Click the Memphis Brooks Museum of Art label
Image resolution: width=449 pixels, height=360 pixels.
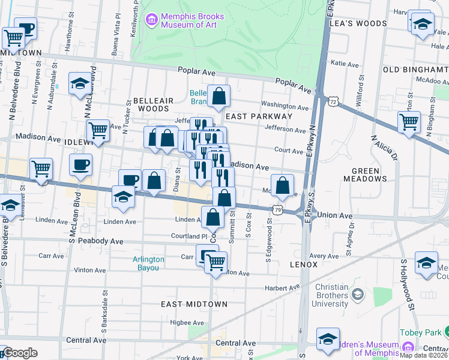pos(184,21)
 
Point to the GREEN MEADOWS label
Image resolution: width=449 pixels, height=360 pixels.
pos(365,175)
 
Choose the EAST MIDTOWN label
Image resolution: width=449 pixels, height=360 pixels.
pos(194,304)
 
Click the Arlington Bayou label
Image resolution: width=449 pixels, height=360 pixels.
pos(148,263)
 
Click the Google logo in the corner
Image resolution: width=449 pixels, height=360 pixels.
pos(20,353)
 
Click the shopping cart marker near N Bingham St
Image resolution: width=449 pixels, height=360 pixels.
pos(409,122)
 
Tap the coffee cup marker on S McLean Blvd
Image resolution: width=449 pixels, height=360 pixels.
pos(80,164)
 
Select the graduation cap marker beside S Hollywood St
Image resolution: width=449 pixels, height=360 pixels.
pos(426,264)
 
